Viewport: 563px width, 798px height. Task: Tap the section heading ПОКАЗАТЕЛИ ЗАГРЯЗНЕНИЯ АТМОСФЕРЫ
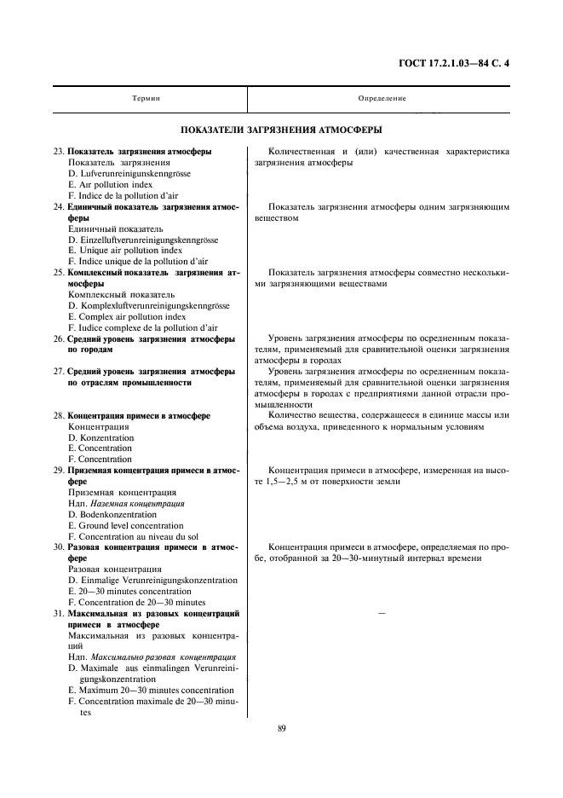[281, 130]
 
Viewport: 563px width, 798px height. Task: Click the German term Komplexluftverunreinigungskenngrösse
[153, 305]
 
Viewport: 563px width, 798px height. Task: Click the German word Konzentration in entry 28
[106, 437]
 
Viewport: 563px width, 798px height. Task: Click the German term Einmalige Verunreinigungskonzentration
[158, 581]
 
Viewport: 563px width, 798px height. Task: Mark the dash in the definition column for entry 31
[381, 614]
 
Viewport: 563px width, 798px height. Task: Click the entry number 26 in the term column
[59, 338]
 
